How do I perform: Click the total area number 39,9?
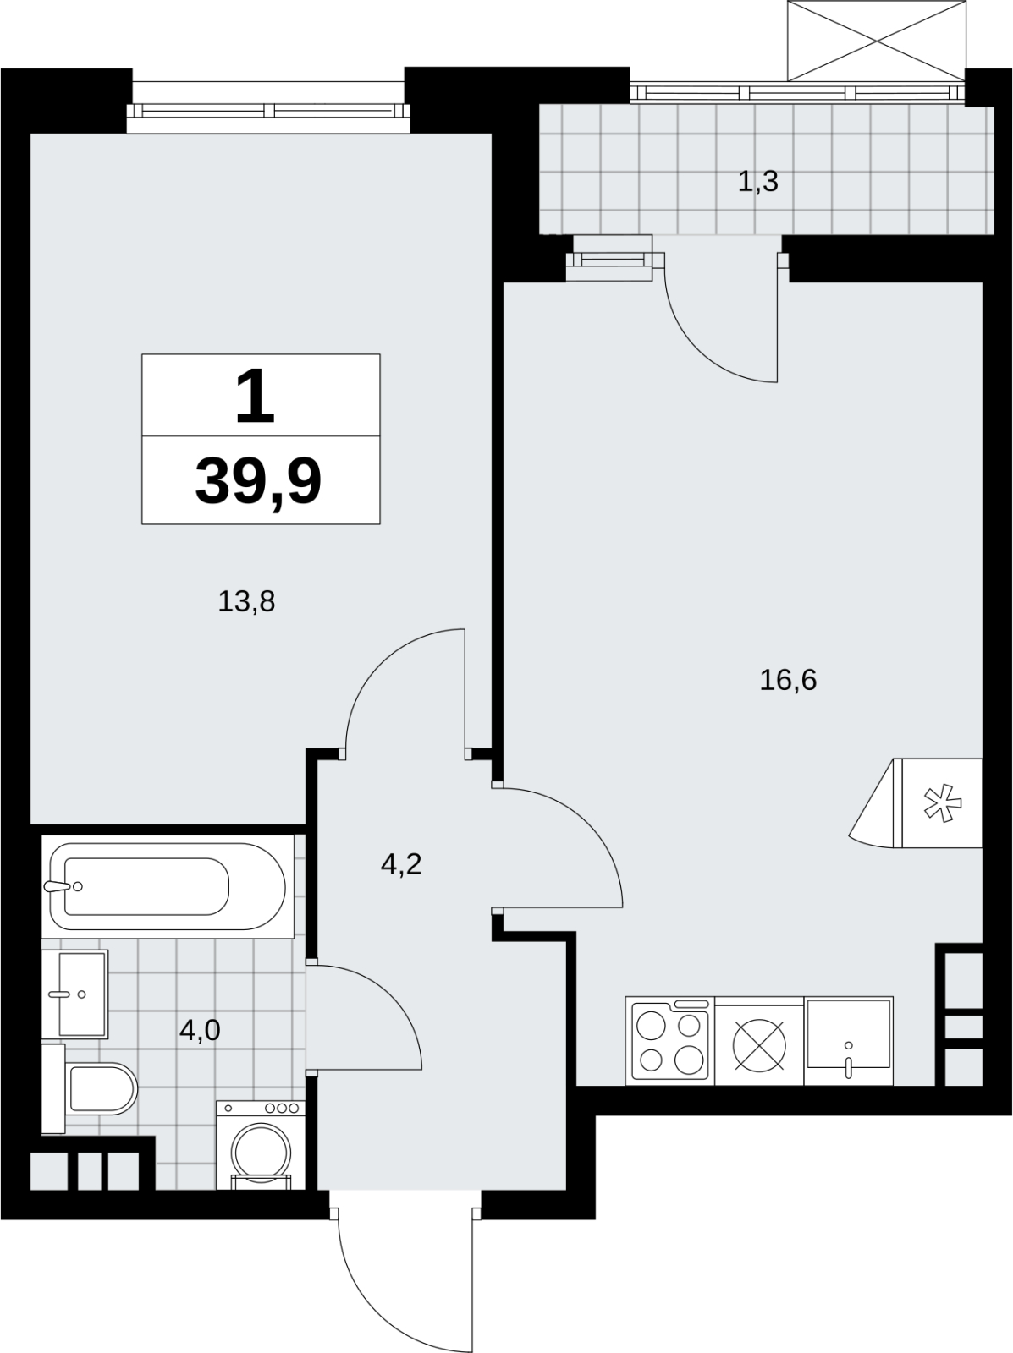click(258, 482)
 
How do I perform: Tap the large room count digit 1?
click(255, 397)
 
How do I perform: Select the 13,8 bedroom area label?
click(246, 601)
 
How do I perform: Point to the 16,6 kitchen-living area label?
click(788, 681)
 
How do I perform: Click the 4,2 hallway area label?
click(401, 865)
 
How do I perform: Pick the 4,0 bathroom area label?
click(200, 1030)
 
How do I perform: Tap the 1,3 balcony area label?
click(758, 182)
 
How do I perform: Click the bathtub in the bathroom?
click(168, 886)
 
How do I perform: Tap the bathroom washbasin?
click(75, 994)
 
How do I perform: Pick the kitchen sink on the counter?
click(848, 1041)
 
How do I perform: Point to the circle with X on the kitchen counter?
click(759, 1045)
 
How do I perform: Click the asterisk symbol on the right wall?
click(943, 803)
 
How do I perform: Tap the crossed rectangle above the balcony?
click(877, 41)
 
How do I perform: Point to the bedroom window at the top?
click(268, 111)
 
